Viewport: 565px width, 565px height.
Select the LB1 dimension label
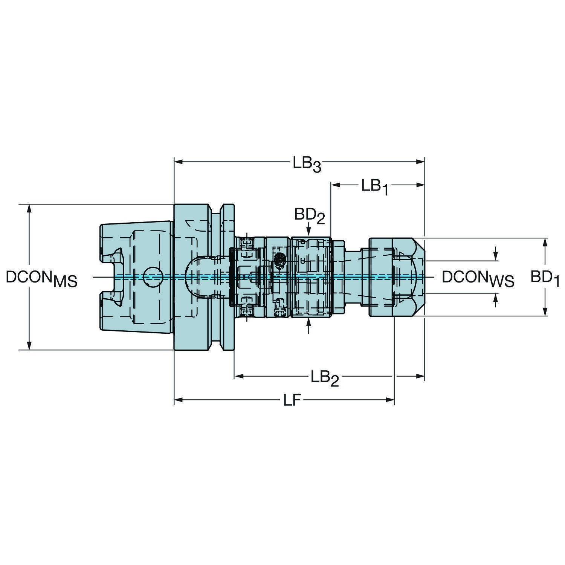pos(375,187)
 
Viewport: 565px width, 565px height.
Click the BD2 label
pos(310,217)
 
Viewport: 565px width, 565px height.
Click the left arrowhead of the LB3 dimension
pos(178,162)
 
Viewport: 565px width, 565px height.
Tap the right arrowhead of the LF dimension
pos(390,400)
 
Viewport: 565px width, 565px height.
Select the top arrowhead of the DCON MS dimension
pos(29,209)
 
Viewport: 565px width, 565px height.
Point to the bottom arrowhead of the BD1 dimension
pos(545,311)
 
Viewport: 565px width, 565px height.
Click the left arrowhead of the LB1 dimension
pos(335,185)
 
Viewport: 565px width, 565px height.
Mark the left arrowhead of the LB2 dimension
pos(239,376)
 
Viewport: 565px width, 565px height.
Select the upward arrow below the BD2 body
pos(309,326)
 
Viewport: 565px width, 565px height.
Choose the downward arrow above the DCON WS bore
pos(496,253)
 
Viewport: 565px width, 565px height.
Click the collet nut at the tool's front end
pos(397,277)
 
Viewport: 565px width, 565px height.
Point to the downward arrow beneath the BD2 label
pos(309,229)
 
